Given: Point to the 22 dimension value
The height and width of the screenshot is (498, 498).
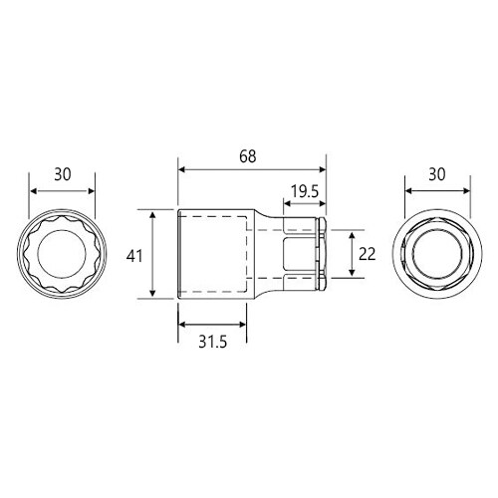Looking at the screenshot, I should (366, 254).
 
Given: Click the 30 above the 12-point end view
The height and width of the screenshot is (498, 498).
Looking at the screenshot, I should (63, 172).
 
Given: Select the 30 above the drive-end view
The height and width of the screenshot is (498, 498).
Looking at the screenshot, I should (435, 172).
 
